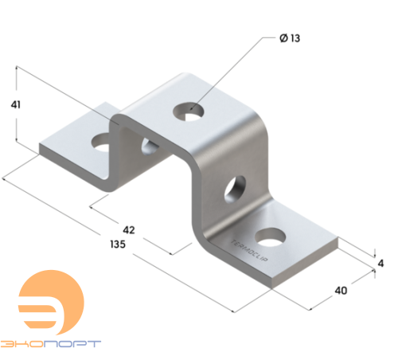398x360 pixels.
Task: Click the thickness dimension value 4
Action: click(380, 264)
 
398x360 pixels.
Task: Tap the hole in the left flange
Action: click(101, 143)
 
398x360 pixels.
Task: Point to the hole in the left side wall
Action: click(147, 144)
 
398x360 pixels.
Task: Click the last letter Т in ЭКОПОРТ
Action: click(96, 343)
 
